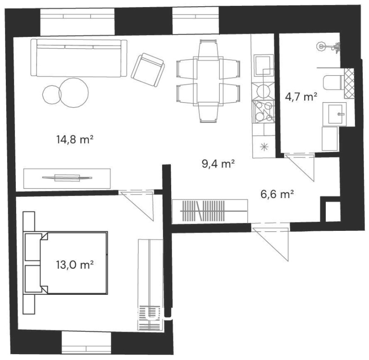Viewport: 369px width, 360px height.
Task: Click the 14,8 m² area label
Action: (x=75, y=139)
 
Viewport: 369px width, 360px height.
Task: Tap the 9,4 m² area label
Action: (x=218, y=163)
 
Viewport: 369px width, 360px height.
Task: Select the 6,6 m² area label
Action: (x=277, y=194)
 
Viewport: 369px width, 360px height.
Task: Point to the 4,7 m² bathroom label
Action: (x=301, y=97)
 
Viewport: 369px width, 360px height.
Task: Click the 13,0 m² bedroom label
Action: (x=75, y=265)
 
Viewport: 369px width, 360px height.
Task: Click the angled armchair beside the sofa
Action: (x=148, y=70)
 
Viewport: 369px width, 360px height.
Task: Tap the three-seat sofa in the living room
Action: (x=79, y=58)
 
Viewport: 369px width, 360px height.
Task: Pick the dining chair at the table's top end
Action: (x=208, y=50)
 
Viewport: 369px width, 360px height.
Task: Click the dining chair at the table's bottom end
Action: (x=208, y=112)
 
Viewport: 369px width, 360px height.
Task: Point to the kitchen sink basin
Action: (x=264, y=66)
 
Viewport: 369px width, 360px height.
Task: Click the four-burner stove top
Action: (x=263, y=112)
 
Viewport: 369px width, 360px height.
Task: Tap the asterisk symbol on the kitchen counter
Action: (x=264, y=147)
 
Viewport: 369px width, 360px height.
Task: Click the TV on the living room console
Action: (x=67, y=178)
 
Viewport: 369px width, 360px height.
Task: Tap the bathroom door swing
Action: (x=300, y=167)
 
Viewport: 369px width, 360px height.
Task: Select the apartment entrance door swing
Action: (x=270, y=242)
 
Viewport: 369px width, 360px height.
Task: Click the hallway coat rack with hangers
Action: (x=202, y=211)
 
